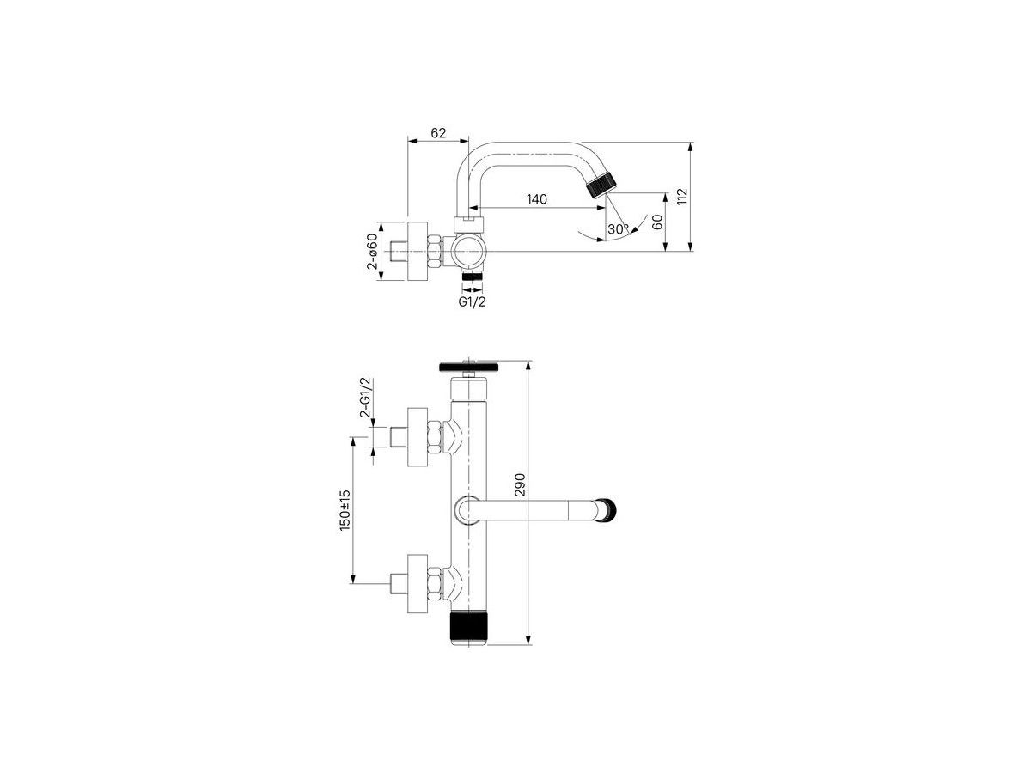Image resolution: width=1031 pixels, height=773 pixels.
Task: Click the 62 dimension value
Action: coord(438,133)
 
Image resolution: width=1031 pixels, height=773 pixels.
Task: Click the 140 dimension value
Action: coord(536,199)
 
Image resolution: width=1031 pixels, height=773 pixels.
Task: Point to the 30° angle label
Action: coord(618,229)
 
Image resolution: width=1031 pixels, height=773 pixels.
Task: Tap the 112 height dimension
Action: coord(682,196)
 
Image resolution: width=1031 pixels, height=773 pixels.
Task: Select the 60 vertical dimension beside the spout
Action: coord(657,222)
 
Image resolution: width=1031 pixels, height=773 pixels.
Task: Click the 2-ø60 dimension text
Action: coord(372,252)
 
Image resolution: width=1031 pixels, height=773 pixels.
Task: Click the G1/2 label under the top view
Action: coord(472,301)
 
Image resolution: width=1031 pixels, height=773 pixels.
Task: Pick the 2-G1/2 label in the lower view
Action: coord(365,397)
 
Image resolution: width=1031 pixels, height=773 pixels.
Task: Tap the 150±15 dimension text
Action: coord(345,511)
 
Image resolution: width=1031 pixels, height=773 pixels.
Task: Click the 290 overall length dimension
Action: coord(520,485)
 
